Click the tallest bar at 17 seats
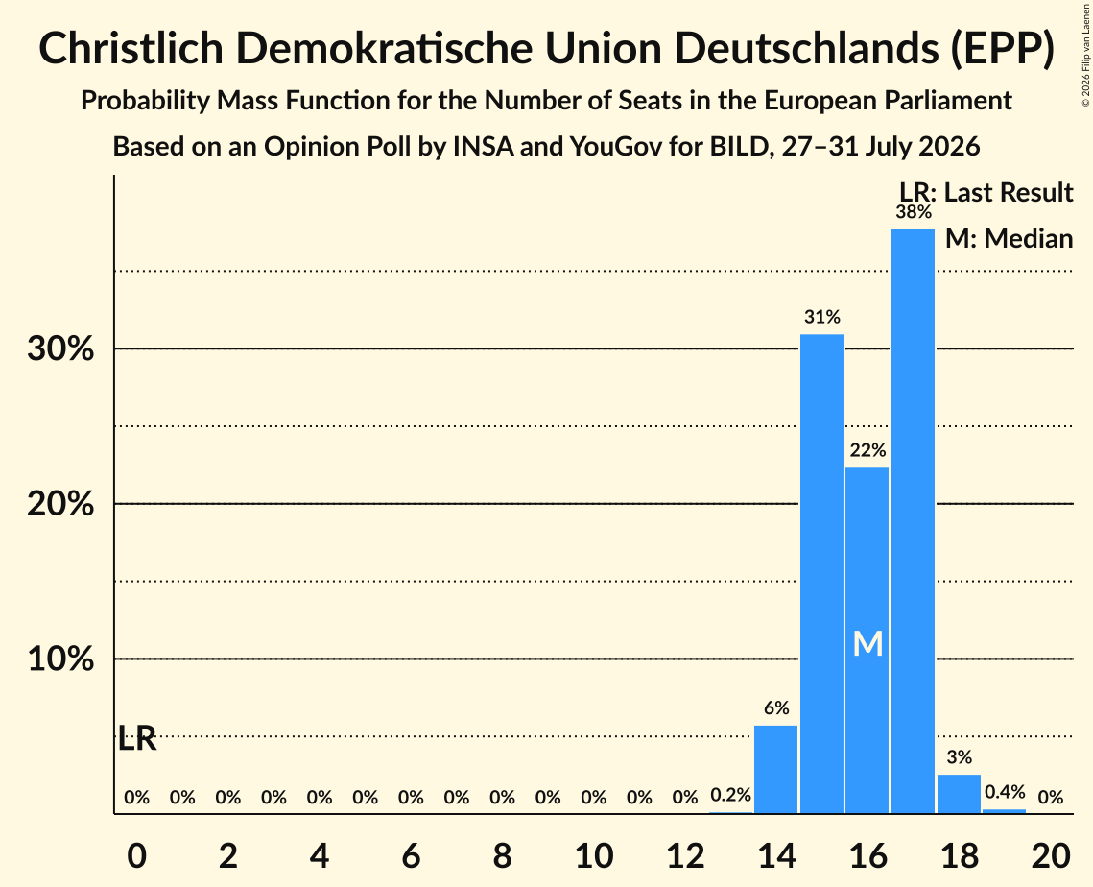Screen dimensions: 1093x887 pyautogui.click(x=914, y=521)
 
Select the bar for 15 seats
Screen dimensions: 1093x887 pyautogui.click(x=821, y=574)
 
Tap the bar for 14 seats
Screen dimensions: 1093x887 pyautogui.click(x=775, y=769)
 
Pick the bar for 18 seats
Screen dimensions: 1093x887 pyautogui.click(x=960, y=794)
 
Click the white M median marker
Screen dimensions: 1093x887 pyautogui.click(x=867, y=643)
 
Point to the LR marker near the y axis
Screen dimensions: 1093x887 pyautogui.click(x=137, y=738)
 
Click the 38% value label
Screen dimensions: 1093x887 pyautogui.click(x=914, y=212)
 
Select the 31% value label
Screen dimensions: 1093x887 pyautogui.click(x=822, y=318)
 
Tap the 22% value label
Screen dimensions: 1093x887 pyautogui.click(x=867, y=450)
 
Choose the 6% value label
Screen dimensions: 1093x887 pyautogui.click(x=776, y=708)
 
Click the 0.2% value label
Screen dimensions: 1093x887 pyautogui.click(x=730, y=795)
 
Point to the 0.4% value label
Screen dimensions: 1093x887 pyautogui.click(x=1005, y=792)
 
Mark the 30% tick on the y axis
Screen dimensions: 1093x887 pyautogui.click(x=60, y=348)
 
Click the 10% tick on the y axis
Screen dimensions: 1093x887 pyautogui.click(x=60, y=659)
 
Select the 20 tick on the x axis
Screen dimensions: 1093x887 pyautogui.click(x=1051, y=855)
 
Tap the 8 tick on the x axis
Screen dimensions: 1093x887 pyautogui.click(x=503, y=855)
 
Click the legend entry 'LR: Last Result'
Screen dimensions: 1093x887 pyautogui.click(x=986, y=192)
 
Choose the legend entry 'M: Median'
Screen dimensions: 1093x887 pyautogui.click(x=1010, y=238)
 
